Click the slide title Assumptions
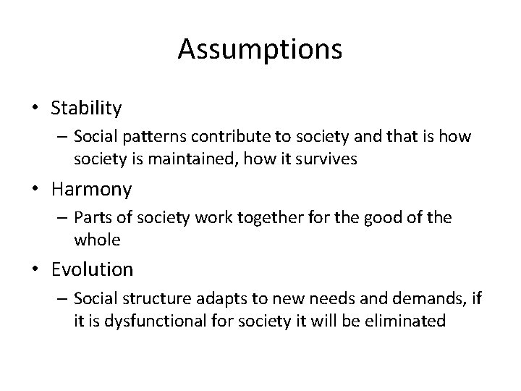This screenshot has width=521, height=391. click(x=260, y=49)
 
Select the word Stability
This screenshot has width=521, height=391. click(x=86, y=109)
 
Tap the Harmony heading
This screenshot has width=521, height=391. click(x=91, y=190)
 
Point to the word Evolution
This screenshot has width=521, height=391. click(x=92, y=270)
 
